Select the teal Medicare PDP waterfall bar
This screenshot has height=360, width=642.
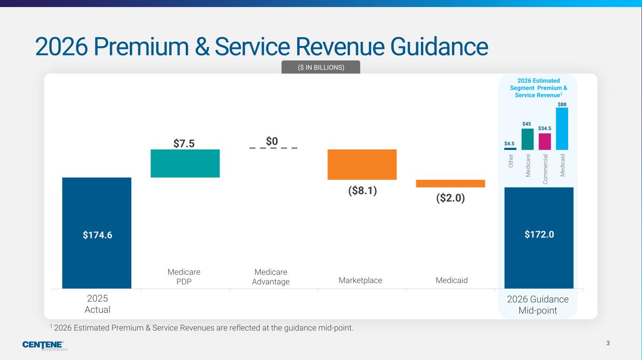click(x=185, y=163)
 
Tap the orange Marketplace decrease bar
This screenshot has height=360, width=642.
click(x=362, y=164)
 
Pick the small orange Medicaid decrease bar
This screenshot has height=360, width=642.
click(x=450, y=183)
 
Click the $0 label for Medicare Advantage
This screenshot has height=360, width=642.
click(x=272, y=141)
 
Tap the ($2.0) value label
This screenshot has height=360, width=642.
click(x=450, y=198)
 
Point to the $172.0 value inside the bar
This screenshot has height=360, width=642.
click(x=539, y=235)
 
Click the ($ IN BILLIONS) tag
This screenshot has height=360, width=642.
click(x=321, y=67)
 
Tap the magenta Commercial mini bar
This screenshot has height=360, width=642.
click(x=545, y=141)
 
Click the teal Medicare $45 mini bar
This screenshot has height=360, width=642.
click(x=527, y=139)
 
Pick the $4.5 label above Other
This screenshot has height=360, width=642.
click(x=510, y=143)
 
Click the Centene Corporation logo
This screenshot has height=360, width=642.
click(x=45, y=346)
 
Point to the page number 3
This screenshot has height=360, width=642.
click(x=608, y=343)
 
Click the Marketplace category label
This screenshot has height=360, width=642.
click(x=360, y=281)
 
